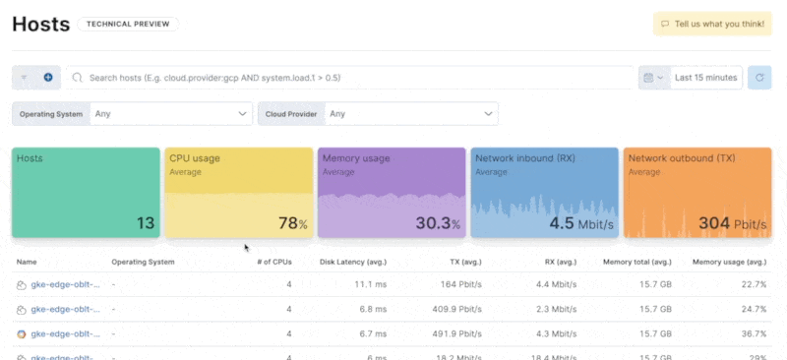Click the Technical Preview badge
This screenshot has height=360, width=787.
128,24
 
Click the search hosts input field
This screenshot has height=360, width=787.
354,77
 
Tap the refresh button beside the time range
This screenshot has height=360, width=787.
758,77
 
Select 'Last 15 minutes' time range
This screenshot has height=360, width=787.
704,77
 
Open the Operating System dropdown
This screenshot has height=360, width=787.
171,114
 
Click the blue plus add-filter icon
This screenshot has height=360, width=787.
47,77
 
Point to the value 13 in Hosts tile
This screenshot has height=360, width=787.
146,223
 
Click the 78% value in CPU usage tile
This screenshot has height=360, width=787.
292,223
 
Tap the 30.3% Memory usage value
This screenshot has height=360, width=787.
439,223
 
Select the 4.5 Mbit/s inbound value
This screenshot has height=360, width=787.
581,223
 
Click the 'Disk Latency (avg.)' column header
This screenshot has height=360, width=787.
354,263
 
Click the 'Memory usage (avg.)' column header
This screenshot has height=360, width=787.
729,263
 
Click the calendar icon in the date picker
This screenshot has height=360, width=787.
647,77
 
